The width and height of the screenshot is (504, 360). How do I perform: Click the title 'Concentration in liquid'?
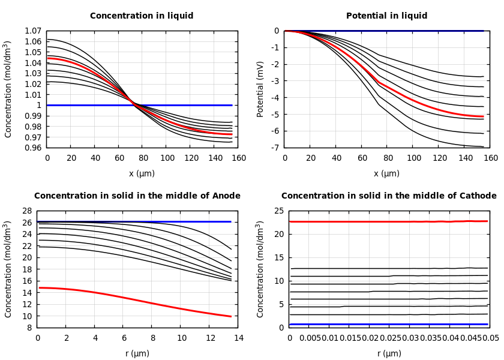tap(142, 16)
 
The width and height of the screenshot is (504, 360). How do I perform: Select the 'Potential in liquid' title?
tap(386, 16)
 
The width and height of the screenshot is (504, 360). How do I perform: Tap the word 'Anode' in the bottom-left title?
tap(226, 196)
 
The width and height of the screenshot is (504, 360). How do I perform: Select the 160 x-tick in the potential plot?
tap(491, 158)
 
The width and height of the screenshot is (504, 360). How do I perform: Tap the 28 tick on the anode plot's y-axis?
tap(26, 211)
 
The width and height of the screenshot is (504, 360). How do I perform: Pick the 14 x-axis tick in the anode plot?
tap(238, 338)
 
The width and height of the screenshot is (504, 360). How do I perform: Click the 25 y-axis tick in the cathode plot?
tap(278, 211)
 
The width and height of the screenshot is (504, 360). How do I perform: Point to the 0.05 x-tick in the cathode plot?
tap(491, 338)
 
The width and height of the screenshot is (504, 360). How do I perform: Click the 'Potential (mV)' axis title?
tap(260, 89)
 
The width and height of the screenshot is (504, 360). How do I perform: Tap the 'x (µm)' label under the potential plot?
tap(386, 173)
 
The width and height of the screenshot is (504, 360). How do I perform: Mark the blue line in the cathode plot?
tap(390, 325)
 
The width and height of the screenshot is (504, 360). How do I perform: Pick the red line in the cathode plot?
tap(390, 221)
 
